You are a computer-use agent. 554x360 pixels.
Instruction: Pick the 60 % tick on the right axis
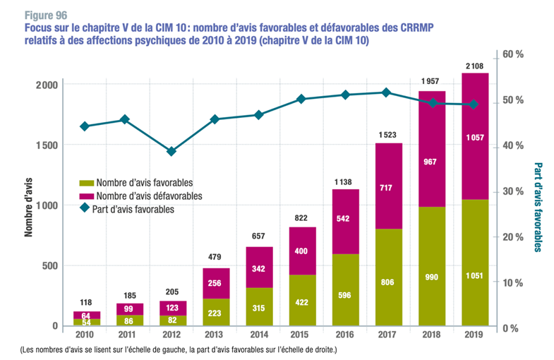click(x=512, y=54)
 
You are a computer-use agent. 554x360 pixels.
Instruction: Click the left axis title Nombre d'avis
click(x=30, y=204)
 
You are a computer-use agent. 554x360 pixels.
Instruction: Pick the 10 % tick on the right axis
click(x=512, y=282)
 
